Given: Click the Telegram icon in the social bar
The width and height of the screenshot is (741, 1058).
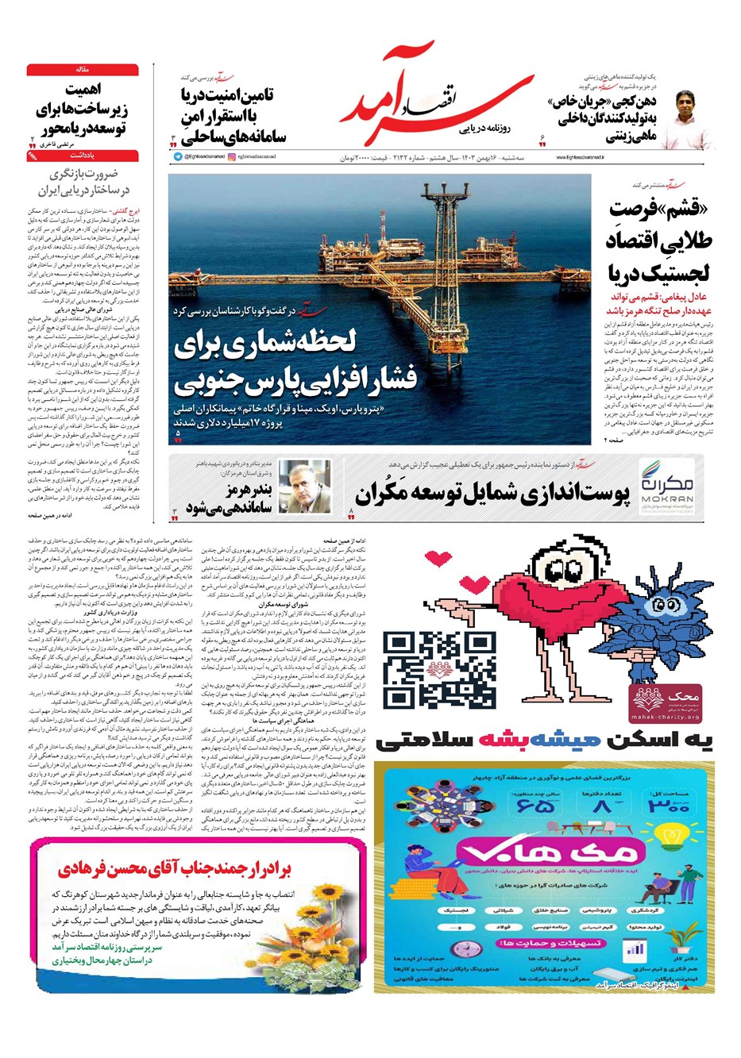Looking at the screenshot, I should coord(178,157).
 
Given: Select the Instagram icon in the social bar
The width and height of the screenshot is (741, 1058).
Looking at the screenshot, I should coord(232,157).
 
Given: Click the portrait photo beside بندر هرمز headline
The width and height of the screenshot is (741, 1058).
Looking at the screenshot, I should coord(304,487).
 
